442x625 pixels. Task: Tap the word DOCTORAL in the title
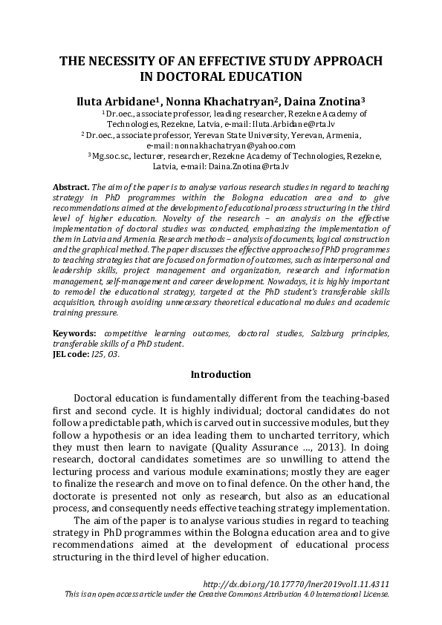click(191, 76)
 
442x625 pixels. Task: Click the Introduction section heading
click(221, 375)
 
